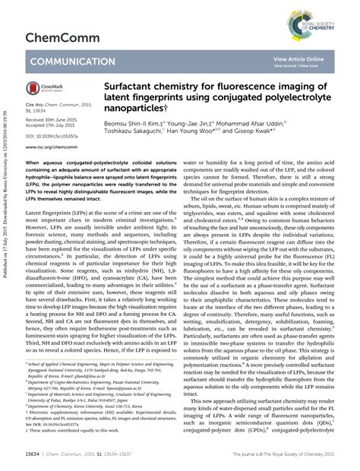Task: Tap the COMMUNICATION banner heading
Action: [73, 62]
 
